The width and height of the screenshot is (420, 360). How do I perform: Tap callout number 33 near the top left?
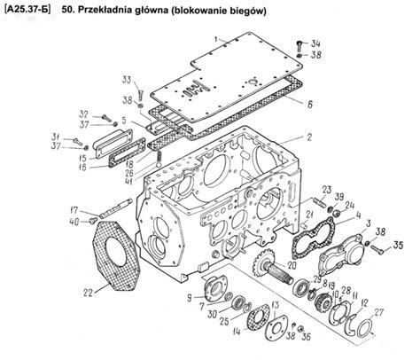coord(126,82)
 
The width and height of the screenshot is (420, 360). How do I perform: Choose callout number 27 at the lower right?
coord(378,311)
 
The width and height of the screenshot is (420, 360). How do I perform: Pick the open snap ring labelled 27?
coord(363,328)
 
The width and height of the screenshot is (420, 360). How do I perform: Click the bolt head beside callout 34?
coord(299,43)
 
